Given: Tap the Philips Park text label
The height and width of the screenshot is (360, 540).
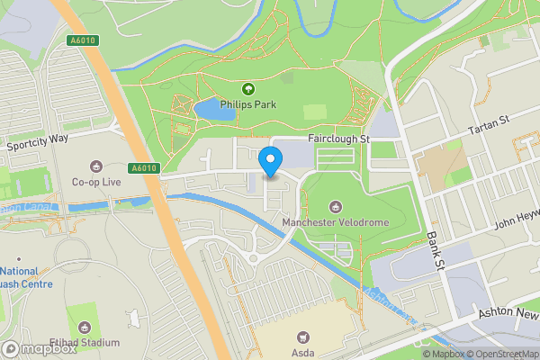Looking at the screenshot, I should point(248,104).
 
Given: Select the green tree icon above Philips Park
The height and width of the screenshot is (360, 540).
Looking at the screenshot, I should point(248,88).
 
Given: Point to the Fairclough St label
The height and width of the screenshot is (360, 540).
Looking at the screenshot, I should point(339,139).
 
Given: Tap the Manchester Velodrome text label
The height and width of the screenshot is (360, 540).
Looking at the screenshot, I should point(337,222).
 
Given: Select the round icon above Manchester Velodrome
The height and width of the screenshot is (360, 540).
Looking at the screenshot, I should point(337,206).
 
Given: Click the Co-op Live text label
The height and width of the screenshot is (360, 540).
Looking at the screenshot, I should point(96,182).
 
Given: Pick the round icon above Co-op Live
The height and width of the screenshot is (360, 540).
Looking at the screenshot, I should point(96,166).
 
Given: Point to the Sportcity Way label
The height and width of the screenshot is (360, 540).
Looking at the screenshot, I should point(37,144).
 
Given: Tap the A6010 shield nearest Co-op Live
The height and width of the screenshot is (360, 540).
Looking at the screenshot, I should point(143,167).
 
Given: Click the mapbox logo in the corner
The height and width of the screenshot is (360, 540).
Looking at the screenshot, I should point(39,347).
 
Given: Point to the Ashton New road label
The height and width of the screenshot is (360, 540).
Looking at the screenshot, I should point(511,310).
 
